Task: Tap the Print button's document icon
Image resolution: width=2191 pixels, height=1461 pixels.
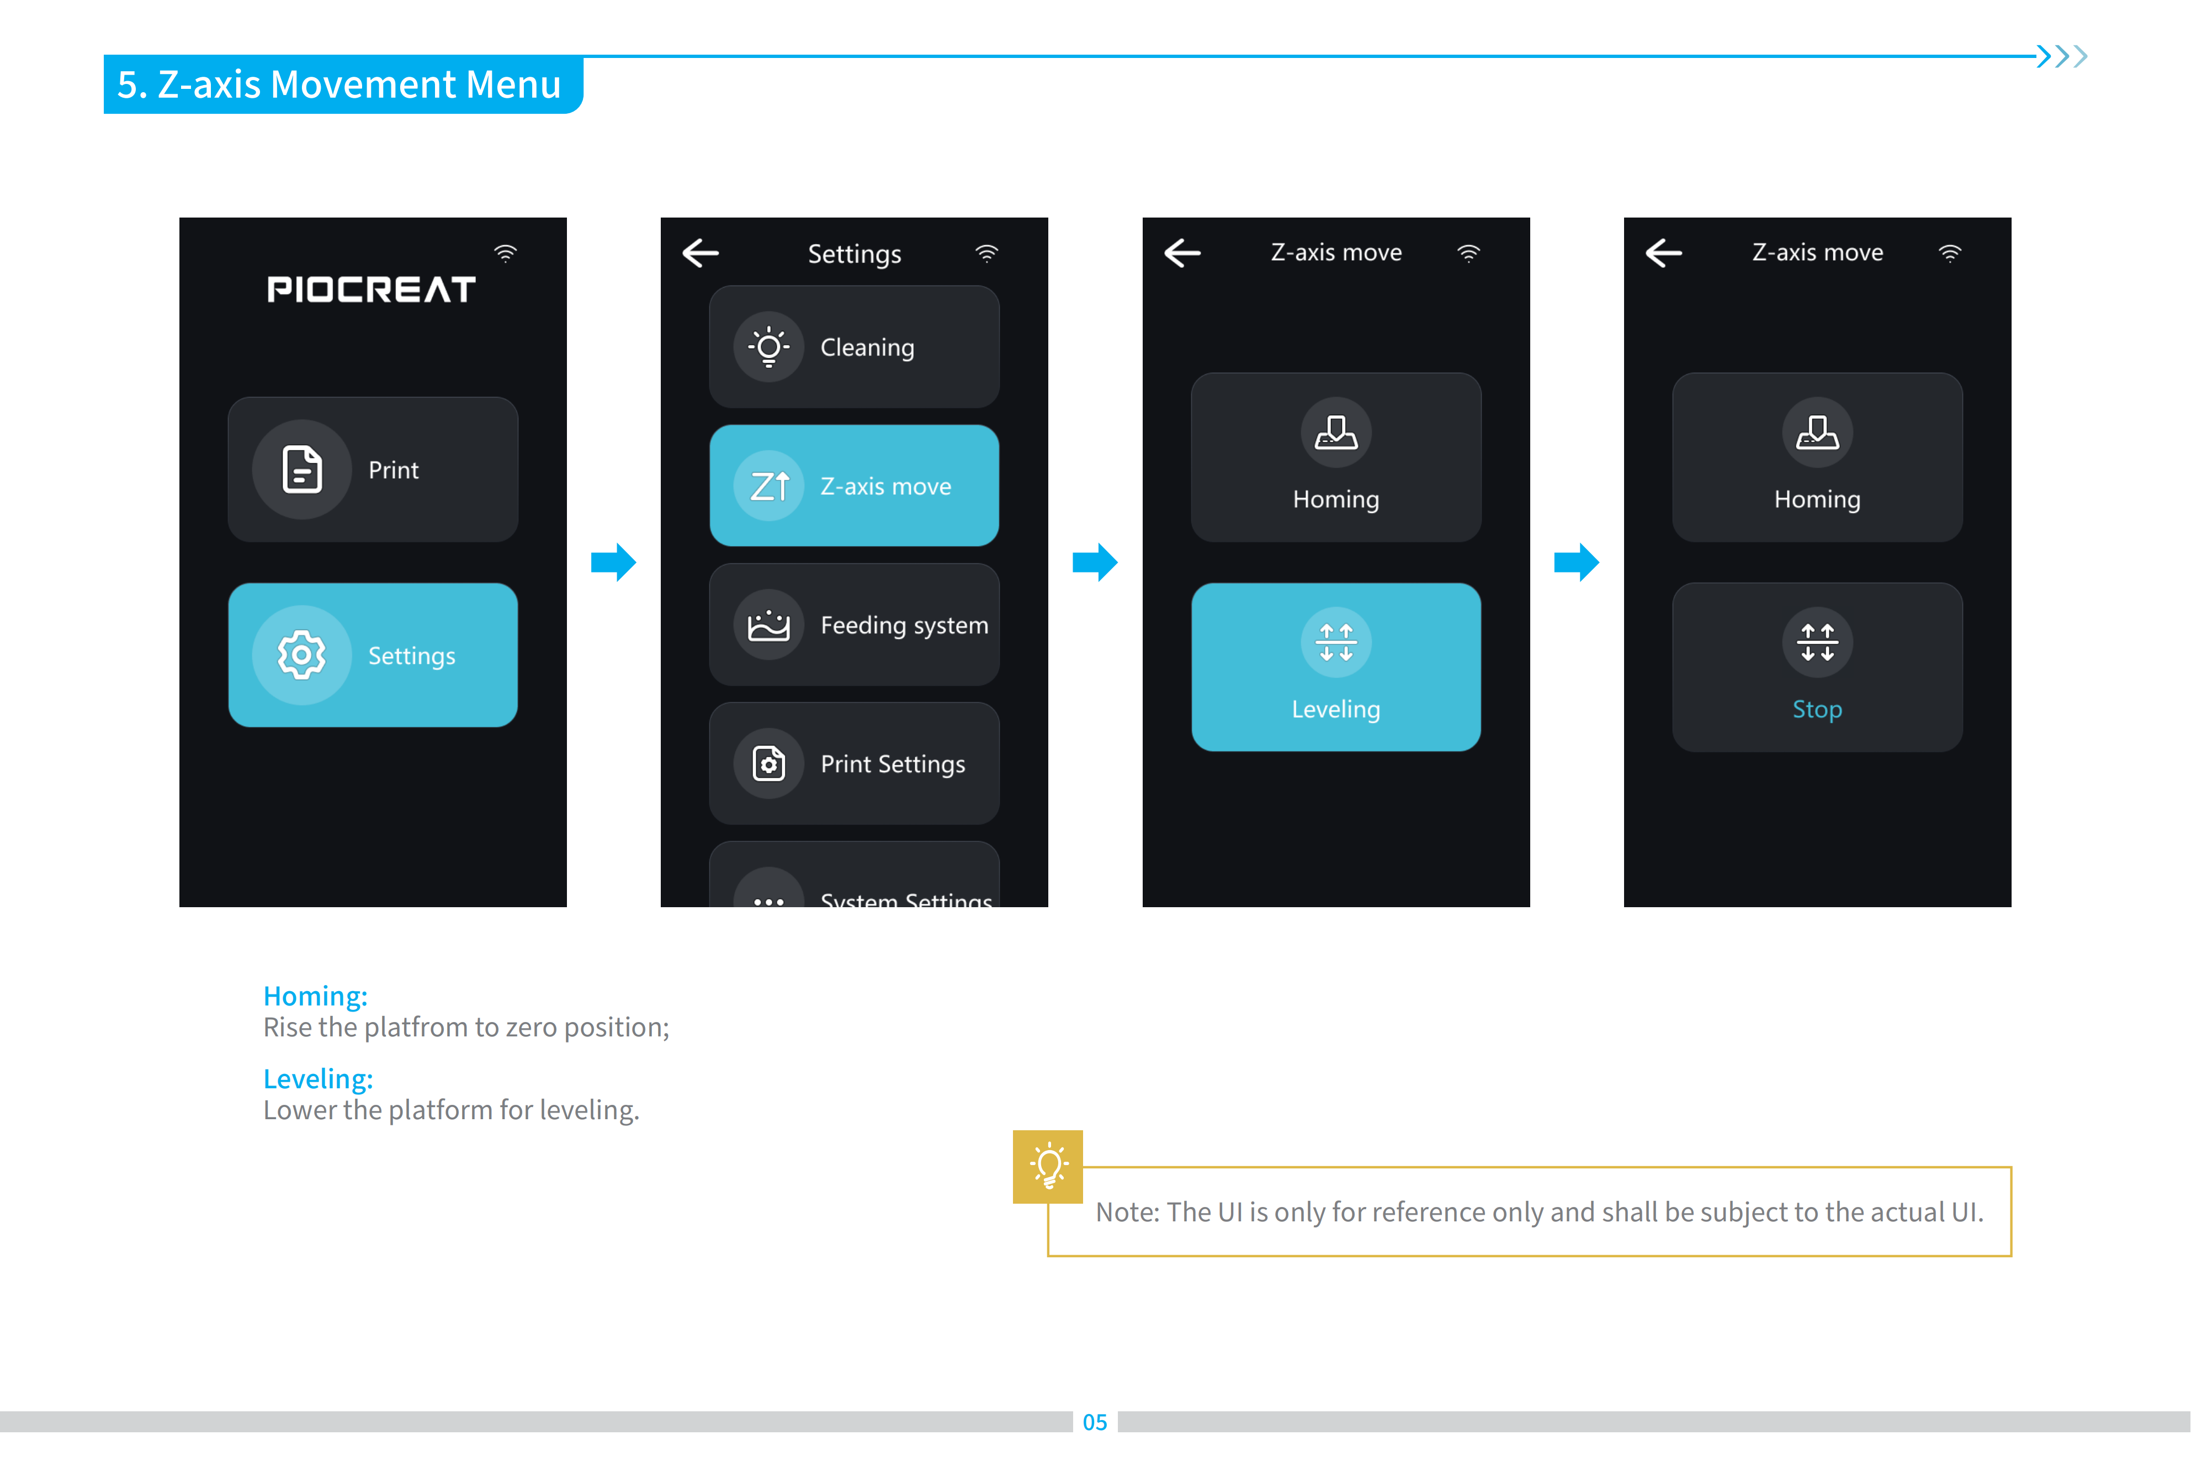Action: [x=302, y=469]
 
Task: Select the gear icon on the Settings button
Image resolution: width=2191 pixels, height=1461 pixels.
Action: [x=302, y=655]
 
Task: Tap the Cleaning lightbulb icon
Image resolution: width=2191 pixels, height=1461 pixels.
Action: [x=768, y=347]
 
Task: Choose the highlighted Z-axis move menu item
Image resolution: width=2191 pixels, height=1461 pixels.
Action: [x=854, y=485]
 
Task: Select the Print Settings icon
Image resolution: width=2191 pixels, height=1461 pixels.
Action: [x=768, y=764]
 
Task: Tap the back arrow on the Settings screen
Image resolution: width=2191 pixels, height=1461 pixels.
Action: [x=701, y=252]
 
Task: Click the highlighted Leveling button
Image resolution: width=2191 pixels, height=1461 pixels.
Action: [x=1336, y=667]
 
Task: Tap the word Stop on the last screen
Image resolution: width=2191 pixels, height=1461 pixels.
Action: [x=1817, y=709]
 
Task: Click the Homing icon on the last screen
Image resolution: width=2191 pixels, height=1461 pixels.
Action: [x=1817, y=432]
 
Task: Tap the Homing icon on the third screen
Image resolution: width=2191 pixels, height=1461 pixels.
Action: [x=1336, y=432]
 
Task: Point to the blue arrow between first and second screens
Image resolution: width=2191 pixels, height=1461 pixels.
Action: [x=614, y=562]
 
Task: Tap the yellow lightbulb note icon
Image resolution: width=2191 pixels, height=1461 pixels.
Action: [x=1048, y=1167]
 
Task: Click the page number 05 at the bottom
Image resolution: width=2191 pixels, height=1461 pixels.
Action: [x=1095, y=1422]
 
